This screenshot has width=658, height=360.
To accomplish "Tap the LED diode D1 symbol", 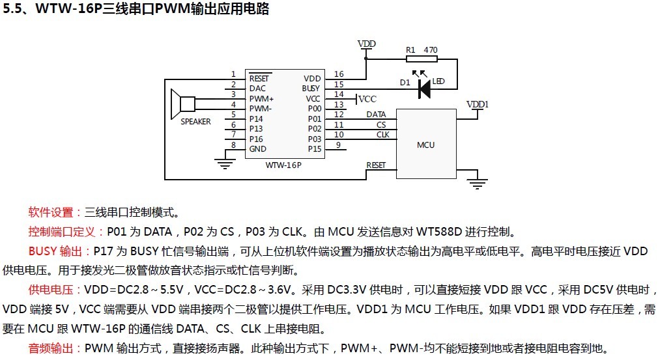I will coord(424,88).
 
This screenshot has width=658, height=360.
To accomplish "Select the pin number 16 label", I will coord(339,75).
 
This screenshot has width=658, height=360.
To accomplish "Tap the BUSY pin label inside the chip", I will coord(311,88).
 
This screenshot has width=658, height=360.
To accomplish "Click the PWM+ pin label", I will coord(261,98).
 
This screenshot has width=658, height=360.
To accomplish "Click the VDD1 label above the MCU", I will coord(478,104).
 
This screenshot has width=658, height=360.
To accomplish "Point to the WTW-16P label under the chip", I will coord(284,165).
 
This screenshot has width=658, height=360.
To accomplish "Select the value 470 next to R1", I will coord(431,49).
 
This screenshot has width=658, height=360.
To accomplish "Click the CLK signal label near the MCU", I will coord(382,135).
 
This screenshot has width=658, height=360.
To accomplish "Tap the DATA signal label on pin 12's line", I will coord(376,115).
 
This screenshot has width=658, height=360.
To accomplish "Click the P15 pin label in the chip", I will coord(315,148).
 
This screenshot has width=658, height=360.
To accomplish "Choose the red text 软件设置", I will coord(51,212).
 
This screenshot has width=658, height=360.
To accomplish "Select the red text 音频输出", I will coord(51,348).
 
